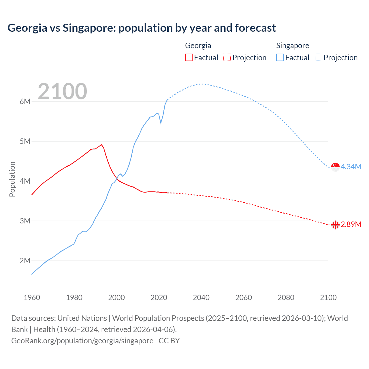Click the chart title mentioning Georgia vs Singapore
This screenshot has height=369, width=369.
pyautogui.click(x=142, y=28)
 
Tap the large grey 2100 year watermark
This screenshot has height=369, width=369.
pyautogui.click(x=62, y=91)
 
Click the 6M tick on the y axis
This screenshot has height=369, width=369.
pyautogui.click(x=25, y=101)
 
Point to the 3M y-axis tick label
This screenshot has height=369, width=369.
pyautogui.click(x=25, y=221)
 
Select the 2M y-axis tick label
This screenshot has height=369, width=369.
pyautogui.click(x=25, y=261)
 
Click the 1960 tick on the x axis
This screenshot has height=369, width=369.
pyautogui.click(x=32, y=298)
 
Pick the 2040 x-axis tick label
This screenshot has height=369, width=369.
pyautogui.click(x=201, y=298)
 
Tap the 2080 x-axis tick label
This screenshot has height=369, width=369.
pyautogui.click(x=286, y=298)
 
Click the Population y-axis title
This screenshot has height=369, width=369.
pyautogui.click(x=12, y=179)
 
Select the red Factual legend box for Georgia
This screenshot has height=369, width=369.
pyautogui.click(x=189, y=57)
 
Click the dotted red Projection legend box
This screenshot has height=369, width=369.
pyautogui.click(x=227, y=57)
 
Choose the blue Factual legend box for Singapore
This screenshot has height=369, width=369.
pyautogui.click(x=280, y=57)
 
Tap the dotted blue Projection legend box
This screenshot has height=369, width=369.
pyautogui.click(x=318, y=57)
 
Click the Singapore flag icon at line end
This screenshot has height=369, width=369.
pyautogui.click(x=335, y=167)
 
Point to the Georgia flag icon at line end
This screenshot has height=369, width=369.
pyautogui.click(x=335, y=225)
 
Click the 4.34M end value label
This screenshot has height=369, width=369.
pyautogui.click(x=351, y=167)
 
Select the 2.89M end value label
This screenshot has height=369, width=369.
pyautogui.click(x=351, y=225)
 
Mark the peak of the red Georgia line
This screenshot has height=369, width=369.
pyautogui.click(x=101, y=145)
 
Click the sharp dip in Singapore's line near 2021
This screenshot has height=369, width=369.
pyautogui.click(x=161, y=123)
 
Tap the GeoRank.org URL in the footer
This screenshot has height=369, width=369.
pyautogui.click(x=82, y=341)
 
